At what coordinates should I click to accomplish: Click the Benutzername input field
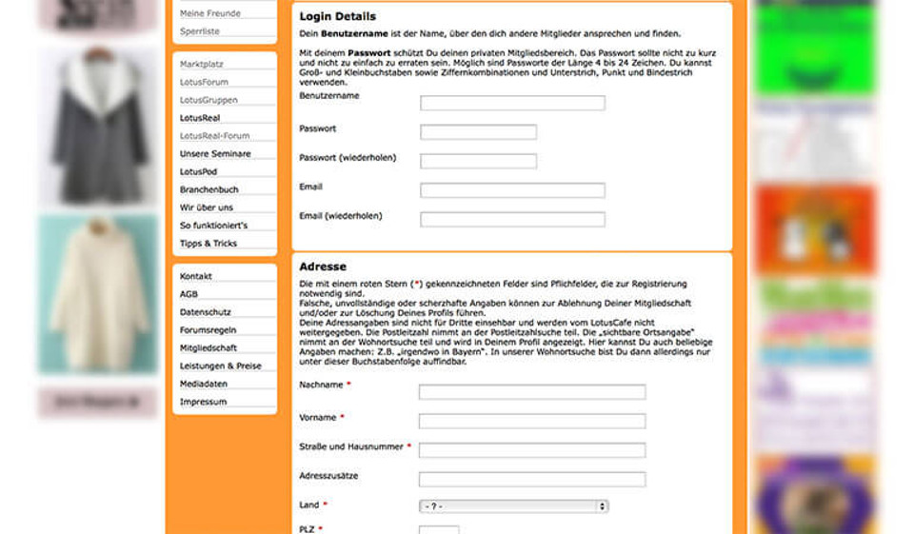[512, 103]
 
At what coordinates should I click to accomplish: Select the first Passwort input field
[478, 132]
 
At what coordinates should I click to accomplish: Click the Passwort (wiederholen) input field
[478, 161]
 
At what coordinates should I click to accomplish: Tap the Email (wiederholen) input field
[512, 219]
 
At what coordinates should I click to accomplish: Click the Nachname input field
[532, 392]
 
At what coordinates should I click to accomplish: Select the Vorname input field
[532, 421]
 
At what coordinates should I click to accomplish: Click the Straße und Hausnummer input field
[532, 450]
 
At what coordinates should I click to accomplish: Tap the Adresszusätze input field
[532, 479]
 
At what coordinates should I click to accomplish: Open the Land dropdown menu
[513, 506]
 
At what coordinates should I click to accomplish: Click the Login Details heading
[338, 17]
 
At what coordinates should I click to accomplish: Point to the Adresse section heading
[323, 267]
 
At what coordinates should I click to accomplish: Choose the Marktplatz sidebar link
[202, 64]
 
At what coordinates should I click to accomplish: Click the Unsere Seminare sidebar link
[215, 153]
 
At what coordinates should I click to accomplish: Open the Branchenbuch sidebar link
[209, 189]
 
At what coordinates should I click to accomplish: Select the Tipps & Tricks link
[209, 244]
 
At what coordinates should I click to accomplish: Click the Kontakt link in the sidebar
[196, 276]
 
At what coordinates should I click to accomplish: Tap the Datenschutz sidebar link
[205, 312]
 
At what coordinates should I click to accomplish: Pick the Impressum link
[204, 402]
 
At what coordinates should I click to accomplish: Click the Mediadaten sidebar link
[204, 384]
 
